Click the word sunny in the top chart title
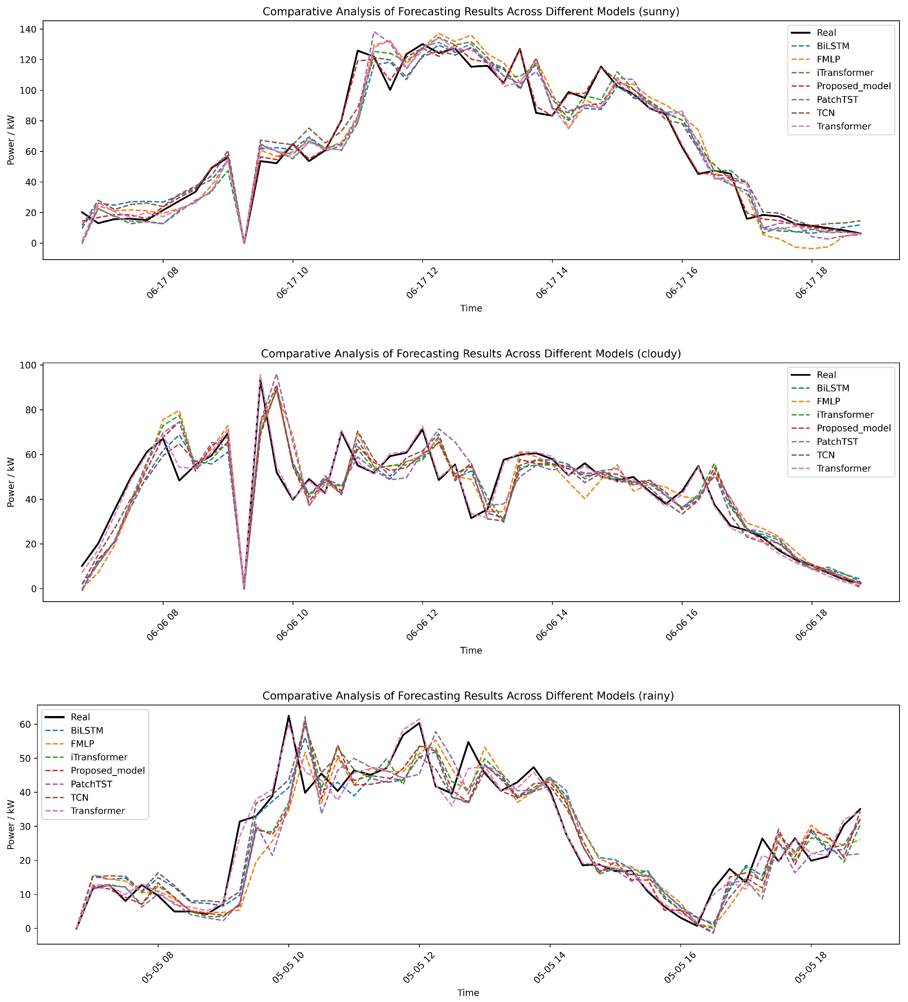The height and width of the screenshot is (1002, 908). [x=660, y=11]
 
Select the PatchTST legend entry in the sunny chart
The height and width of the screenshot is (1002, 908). [x=837, y=100]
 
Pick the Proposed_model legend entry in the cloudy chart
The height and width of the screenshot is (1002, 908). [x=853, y=428]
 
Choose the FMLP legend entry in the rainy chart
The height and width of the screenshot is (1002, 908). [x=82, y=744]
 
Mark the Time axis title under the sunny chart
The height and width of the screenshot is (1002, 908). [x=471, y=308]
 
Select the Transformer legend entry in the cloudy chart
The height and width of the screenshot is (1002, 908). [x=843, y=468]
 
